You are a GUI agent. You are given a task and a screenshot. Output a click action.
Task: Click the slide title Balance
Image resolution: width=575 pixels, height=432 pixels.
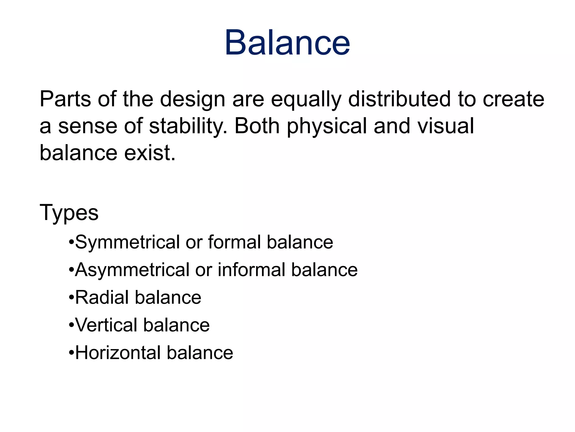pos(287,43)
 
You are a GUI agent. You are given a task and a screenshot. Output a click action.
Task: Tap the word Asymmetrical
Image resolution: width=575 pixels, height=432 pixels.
pos(132,270)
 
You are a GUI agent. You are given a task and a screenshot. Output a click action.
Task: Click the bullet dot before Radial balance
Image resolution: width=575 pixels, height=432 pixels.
pos(71,298)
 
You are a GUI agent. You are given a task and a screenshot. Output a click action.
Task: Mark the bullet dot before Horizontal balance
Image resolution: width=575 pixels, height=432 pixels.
pos(71,353)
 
